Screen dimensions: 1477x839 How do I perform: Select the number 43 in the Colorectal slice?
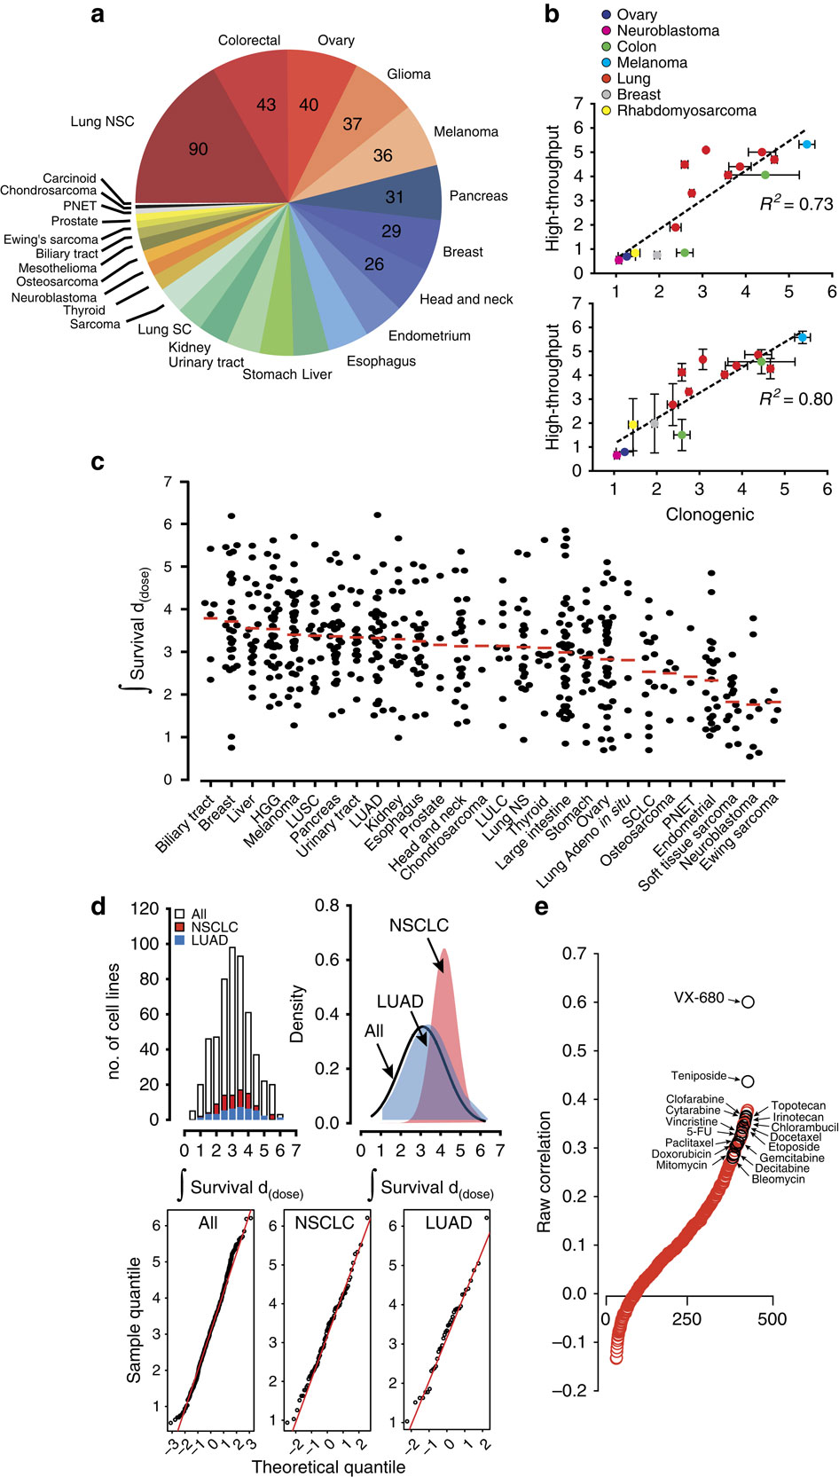266,104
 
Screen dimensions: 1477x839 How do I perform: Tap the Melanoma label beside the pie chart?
466,132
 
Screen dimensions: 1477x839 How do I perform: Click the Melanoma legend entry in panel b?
652,63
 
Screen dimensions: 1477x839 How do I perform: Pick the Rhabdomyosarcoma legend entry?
686,111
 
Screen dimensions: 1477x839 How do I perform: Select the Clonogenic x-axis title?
710,514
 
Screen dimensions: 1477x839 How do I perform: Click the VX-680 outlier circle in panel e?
748,1002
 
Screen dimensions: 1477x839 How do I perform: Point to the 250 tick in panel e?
686,1319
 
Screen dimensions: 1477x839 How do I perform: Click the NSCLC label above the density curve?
419,925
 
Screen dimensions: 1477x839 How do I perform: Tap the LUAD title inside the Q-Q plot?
448,1223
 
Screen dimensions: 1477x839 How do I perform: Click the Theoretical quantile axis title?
329,1466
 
